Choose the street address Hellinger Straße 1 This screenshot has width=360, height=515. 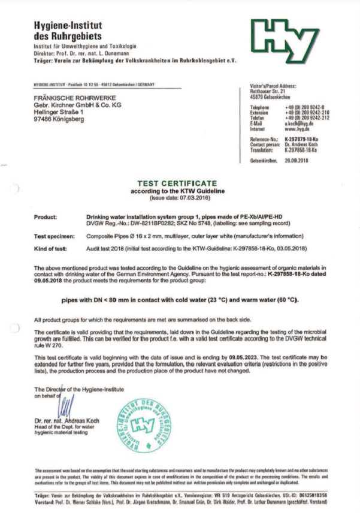[59, 112]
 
